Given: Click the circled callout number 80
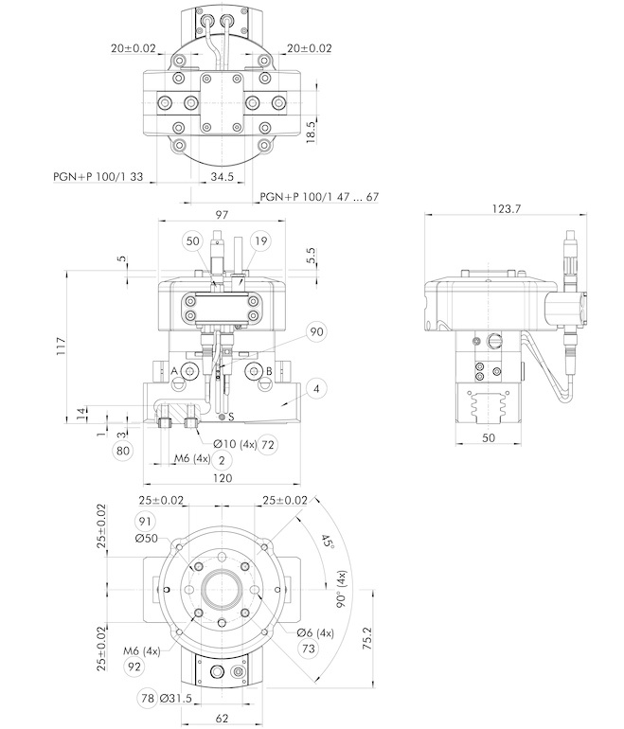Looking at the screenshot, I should coord(122,451).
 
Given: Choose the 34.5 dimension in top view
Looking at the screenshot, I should coord(222,176).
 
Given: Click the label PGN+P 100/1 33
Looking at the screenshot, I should coord(98,176).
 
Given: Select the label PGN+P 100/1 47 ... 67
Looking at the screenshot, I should coord(319,197).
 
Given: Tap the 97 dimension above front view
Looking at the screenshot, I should coord(223,216).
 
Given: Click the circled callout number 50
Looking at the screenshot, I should coord(193,241).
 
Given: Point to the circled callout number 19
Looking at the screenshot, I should coord(260,241).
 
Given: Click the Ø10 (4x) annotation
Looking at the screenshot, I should coord(233,444).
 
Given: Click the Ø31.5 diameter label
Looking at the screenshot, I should coord(182,699).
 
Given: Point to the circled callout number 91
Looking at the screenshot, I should coord(146,521).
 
